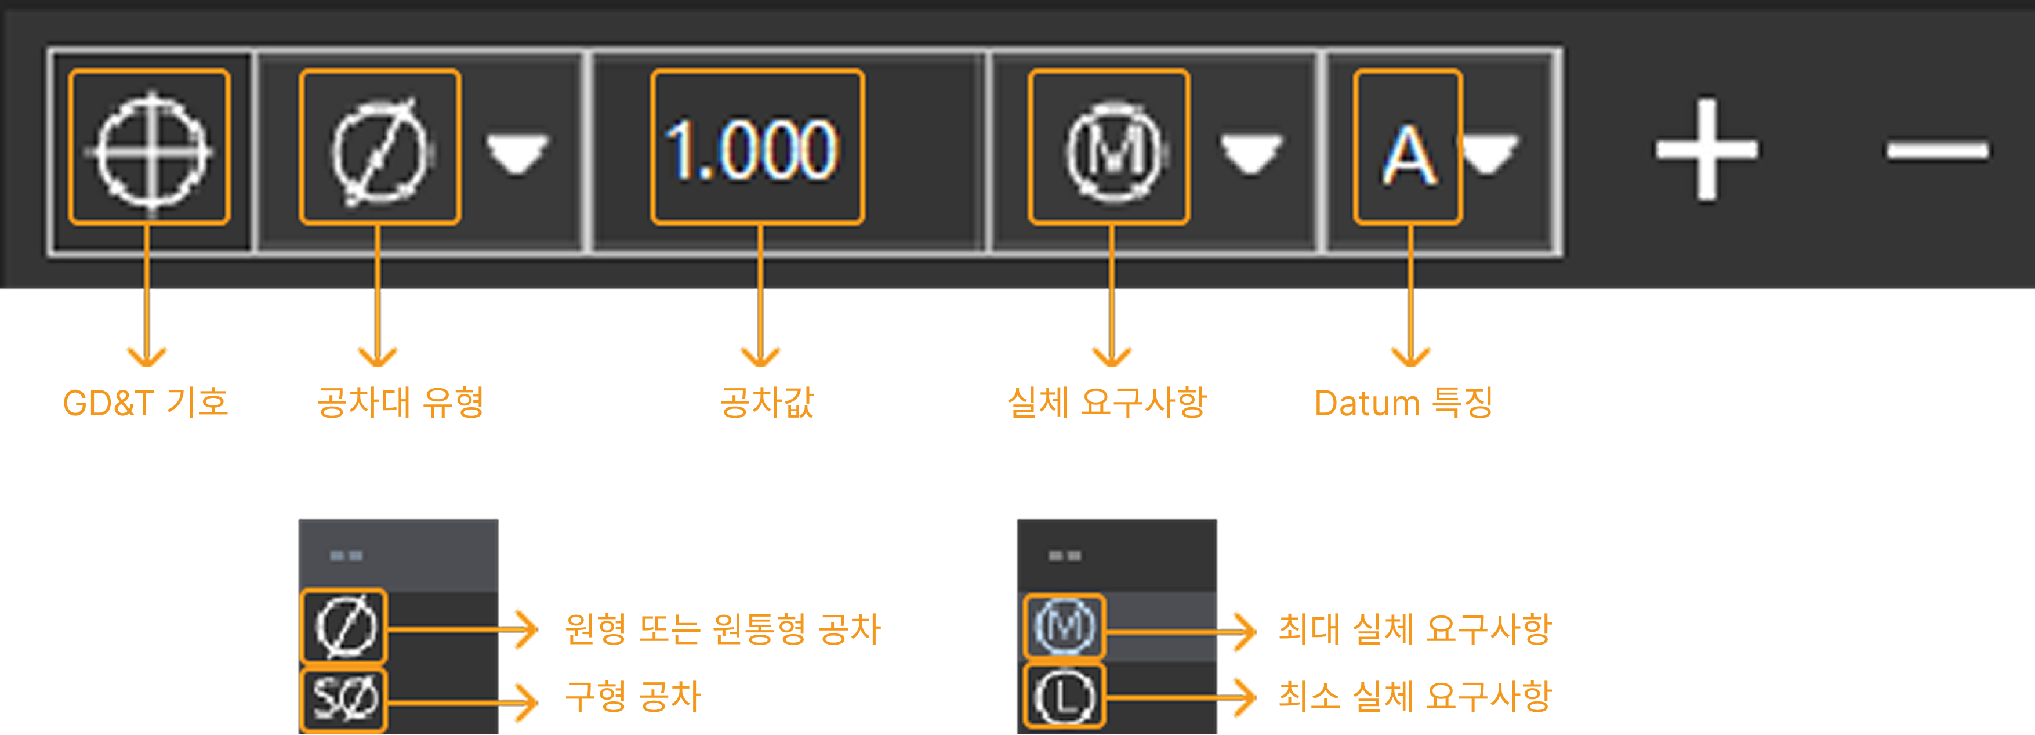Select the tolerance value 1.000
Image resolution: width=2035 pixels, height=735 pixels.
tap(751, 149)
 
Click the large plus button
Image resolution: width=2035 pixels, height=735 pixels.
tap(1706, 149)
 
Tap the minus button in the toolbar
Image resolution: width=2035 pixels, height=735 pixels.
tap(1937, 149)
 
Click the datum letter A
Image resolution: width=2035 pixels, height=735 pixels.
tap(1409, 155)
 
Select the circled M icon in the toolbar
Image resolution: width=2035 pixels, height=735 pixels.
tap(1115, 150)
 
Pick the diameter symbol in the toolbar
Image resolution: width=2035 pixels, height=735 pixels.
tap(379, 150)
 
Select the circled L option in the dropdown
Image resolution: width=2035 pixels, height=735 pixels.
tap(1064, 698)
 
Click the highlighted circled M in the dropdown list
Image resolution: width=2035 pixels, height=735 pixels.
tap(1064, 626)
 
